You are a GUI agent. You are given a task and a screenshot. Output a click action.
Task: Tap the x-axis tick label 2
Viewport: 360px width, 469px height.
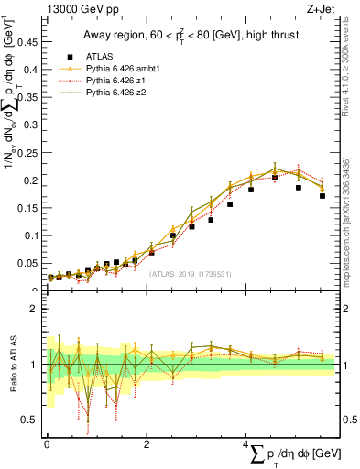click(x=147, y=443)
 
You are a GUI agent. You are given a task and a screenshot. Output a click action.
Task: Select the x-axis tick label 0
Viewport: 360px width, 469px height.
click(x=47, y=443)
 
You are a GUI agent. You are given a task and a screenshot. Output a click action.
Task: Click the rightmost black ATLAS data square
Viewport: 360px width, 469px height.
click(x=322, y=196)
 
